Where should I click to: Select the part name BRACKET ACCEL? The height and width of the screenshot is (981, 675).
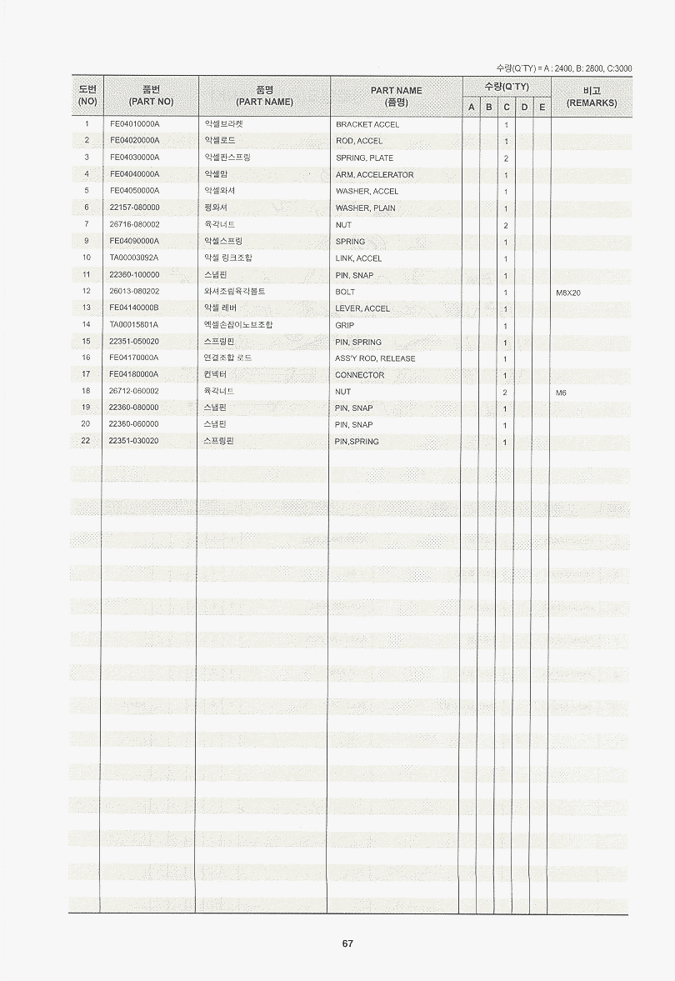[x=367, y=124]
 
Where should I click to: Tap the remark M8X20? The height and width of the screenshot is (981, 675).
[x=567, y=293]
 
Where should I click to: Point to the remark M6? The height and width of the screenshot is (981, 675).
[x=561, y=392]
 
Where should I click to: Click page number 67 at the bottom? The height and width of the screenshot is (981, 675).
[x=347, y=943]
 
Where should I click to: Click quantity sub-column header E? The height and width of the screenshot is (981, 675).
[x=542, y=108]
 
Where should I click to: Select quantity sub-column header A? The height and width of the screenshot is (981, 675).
[x=471, y=108]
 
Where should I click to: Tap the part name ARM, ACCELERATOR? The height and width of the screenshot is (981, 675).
[x=374, y=175]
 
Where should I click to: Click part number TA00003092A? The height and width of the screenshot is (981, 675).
[x=134, y=258]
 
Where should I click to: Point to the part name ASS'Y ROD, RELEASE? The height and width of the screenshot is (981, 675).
[x=375, y=358]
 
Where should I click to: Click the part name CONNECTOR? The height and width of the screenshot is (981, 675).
[x=359, y=375]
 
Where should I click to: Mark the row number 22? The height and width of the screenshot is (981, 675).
[x=86, y=441]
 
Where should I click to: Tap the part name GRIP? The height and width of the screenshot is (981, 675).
[x=344, y=325]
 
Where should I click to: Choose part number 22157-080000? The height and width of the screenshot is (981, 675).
[x=134, y=208]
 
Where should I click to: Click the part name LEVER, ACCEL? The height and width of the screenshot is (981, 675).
[x=362, y=308]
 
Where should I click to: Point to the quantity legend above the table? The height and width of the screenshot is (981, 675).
[x=563, y=68]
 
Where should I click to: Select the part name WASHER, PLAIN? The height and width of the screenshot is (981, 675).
[x=365, y=208]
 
